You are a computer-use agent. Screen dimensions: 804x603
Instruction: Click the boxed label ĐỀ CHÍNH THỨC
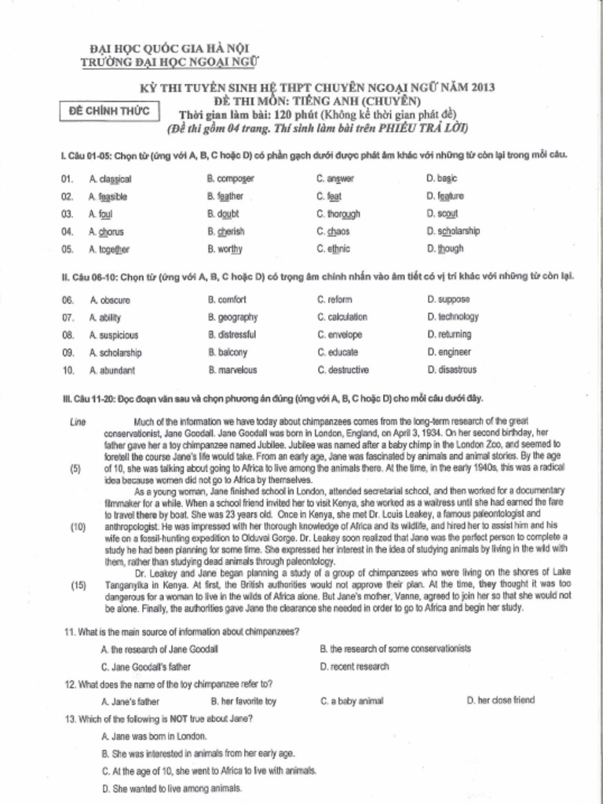[109, 111]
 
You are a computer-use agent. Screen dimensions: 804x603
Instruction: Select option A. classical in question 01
[110, 179]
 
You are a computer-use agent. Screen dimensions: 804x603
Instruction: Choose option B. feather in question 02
[225, 196]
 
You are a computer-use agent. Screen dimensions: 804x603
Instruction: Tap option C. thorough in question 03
[338, 214]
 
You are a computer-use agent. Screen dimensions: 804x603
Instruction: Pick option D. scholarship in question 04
[453, 232]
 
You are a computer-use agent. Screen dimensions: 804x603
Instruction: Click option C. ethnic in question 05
[334, 249]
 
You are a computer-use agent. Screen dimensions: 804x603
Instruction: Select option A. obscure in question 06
[110, 300]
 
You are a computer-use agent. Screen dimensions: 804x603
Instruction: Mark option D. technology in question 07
[453, 317]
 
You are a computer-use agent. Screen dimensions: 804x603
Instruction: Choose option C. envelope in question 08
[340, 334]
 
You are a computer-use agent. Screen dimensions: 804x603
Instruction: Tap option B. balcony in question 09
[228, 353]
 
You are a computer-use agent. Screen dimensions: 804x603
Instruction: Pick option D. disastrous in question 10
[451, 370]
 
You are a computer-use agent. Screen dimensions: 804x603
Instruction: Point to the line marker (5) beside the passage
[76, 469]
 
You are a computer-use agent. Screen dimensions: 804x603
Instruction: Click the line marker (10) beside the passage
[78, 527]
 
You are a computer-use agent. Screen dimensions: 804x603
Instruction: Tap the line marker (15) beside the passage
[78, 585]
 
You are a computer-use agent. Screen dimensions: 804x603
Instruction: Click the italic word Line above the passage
[78, 422]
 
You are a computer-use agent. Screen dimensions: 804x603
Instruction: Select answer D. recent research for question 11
[354, 667]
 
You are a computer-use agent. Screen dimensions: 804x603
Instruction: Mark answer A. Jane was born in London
[154, 736]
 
